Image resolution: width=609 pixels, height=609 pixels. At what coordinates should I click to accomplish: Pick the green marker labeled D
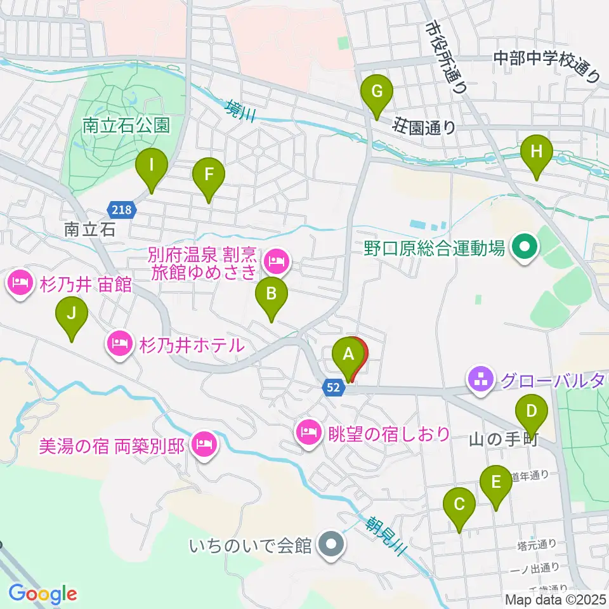click(531, 416)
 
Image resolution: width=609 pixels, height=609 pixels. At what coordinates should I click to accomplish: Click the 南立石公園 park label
click(126, 125)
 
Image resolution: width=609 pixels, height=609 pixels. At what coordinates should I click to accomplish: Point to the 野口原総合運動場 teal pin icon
click(525, 247)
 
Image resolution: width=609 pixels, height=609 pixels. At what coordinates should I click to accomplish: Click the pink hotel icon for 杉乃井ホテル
click(119, 344)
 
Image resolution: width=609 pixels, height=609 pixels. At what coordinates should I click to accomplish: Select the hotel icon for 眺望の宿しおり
click(309, 434)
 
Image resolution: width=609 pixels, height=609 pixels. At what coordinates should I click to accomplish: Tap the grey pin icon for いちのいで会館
click(331, 545)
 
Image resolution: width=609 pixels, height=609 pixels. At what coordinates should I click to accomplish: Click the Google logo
click(43, 594)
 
